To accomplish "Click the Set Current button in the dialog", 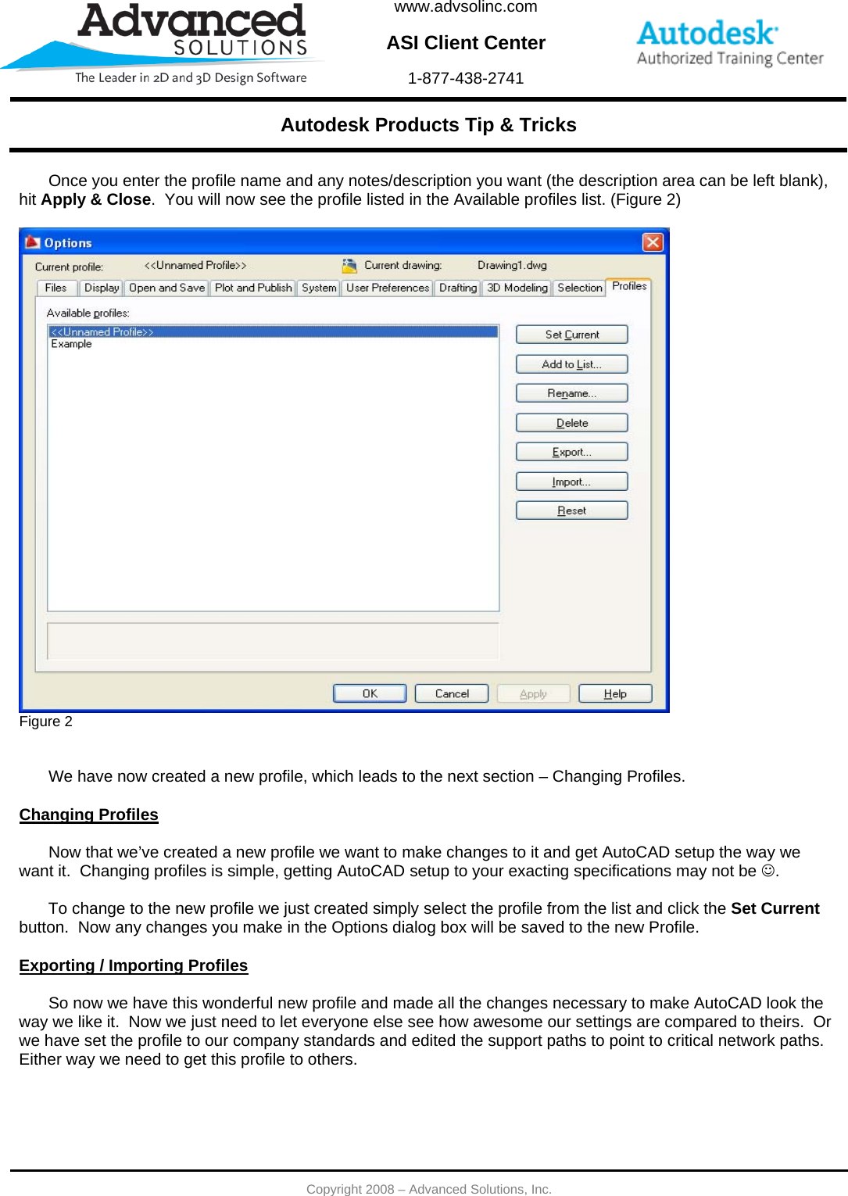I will (x=571, y=335).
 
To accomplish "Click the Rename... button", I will (x=571, y=393).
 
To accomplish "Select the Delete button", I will (x=571, y=423).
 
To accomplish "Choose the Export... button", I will (x=571, y=452).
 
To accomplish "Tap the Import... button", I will (x=571, y=482).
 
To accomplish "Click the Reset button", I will (x=571, y=510).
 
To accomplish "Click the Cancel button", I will (x=451, y=693).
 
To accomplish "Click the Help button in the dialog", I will (x=614, y=693).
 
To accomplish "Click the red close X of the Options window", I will (x=652, y=242).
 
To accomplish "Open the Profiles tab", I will (x=628, y=286).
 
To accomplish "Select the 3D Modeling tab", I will (x=517, y=288).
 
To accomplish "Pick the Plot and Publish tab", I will (x=253, y=288).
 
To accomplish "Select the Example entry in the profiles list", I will (x=72, y=344).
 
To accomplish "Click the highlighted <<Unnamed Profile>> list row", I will (x=272, y=332).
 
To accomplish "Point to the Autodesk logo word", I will (x=707, y=34).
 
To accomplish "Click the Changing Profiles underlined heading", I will (x=88, y=815).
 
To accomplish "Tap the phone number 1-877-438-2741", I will (x=465, y=78).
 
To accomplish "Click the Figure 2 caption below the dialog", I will (x=45, y=722).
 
